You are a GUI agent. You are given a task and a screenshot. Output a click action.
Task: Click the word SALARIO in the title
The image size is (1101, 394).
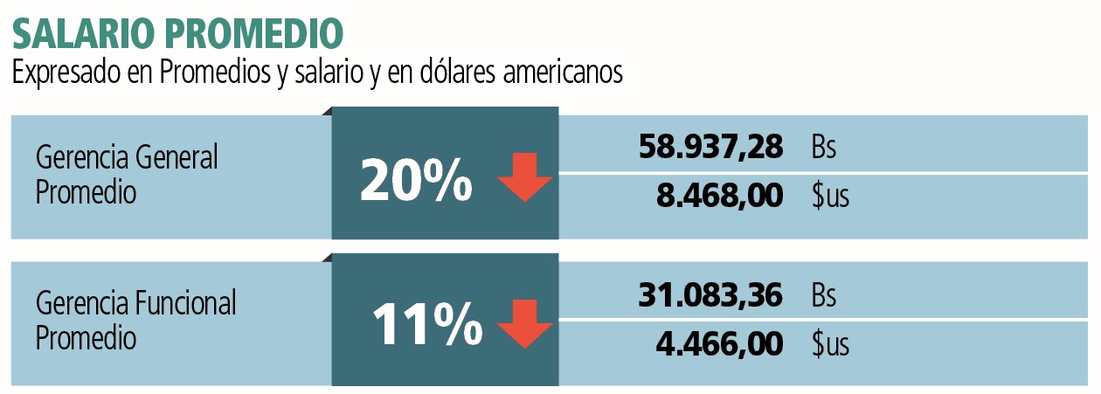[x=82, y=33]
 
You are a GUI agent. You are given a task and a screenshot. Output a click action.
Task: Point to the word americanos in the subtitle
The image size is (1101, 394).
[x=563, y=72]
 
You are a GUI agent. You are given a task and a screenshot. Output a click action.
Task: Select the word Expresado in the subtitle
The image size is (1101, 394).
[x=66, y=73]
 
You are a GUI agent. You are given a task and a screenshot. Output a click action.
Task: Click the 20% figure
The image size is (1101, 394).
[x=416, y=180]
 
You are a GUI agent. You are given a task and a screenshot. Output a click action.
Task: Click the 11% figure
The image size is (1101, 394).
[x=427, y=324]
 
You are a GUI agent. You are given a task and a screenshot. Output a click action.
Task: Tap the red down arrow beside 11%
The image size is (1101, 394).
[x=524, y=324]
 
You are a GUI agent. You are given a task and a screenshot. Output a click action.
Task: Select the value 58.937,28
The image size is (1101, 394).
[x=710, y=147]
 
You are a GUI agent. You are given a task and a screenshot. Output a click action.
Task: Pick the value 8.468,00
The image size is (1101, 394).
[x=720, y=196]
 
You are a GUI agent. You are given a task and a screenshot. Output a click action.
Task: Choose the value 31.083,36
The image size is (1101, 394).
[x=710, y=294]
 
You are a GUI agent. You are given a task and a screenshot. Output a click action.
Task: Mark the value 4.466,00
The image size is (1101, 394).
[x=719, y=343]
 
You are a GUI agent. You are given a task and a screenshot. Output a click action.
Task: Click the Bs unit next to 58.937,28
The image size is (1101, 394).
[x=824, y=147]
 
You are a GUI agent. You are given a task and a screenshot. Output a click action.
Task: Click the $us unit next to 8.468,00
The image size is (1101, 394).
[x=830, y=196]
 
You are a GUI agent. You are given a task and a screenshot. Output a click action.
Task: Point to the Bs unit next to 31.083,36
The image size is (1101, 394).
[x=824, y=294]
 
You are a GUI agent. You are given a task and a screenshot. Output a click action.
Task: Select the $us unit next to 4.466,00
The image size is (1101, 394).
[x=830, y=343]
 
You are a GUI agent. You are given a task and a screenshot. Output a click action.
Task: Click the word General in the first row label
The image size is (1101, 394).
[x=176, y=157]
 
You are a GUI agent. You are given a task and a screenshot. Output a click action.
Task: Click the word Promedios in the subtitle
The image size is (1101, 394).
[x=216, y=72]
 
